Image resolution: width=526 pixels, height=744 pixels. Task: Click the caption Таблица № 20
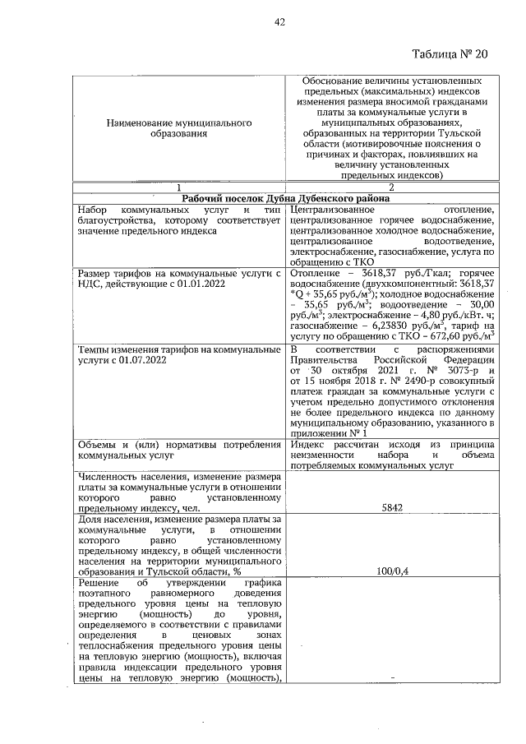point(450,54)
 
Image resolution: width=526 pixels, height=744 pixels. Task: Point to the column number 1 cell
point(178,187)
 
